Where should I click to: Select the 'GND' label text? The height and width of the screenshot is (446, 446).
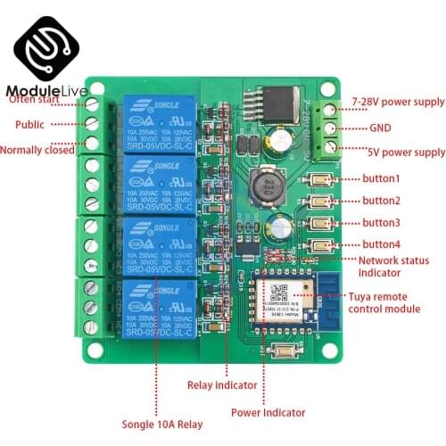coord(381,127)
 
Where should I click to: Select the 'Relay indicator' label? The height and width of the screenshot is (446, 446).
coord(223,385)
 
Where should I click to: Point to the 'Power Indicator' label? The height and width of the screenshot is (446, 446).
coord(268,413)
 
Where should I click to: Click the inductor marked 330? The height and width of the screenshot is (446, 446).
coord(266,187)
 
